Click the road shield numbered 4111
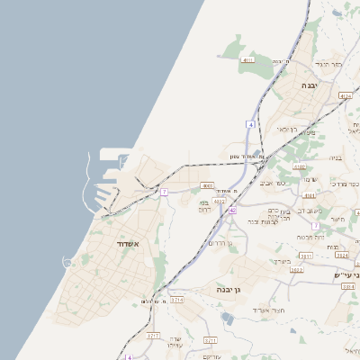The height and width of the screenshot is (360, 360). [x=247, y=59]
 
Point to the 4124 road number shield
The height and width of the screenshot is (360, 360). [x=346, y=94]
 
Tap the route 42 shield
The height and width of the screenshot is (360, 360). [x=232, y=210]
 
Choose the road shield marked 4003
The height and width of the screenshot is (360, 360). [x=207, y=186]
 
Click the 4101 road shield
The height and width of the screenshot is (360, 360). [x=310, y=194]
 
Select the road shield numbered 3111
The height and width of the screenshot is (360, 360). [x=306, y=256]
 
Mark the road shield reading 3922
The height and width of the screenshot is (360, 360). [x=296, y=269]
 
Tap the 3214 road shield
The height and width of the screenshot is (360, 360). [x=177, y=299]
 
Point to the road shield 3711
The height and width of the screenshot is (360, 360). [x=211, y=339]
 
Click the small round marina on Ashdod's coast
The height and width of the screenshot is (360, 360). [x=67, y=262]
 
